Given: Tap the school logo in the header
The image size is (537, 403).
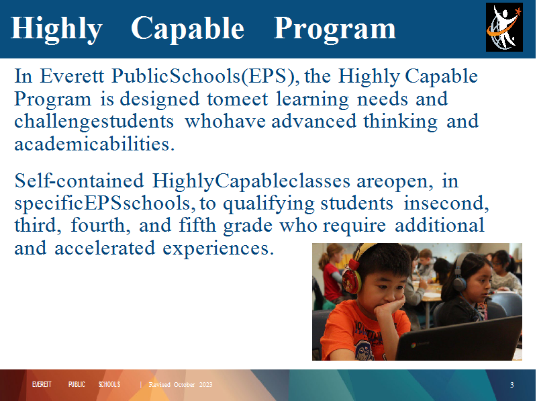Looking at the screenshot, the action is point(504,27).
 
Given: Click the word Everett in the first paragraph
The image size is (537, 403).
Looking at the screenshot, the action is point(72,76).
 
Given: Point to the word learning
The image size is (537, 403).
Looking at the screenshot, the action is point(312,99).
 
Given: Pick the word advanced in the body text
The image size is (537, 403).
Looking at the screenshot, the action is point(313,122).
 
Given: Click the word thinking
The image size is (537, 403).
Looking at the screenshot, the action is point(400,122).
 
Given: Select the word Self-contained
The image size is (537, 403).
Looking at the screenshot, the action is point(79,181).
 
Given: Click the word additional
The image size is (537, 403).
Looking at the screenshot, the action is point(440,225).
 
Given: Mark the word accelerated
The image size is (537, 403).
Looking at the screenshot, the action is point(105,248).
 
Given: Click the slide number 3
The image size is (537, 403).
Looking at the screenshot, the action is point(511,385).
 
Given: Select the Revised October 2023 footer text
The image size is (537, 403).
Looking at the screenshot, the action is point(181,384).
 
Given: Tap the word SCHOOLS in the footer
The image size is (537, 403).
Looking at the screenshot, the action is point(109,384).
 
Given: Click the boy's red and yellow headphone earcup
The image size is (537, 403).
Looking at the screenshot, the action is point(351,281).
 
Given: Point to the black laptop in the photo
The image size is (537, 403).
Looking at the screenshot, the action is point(459,339).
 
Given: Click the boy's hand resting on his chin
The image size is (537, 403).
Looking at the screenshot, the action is point(389,306).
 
